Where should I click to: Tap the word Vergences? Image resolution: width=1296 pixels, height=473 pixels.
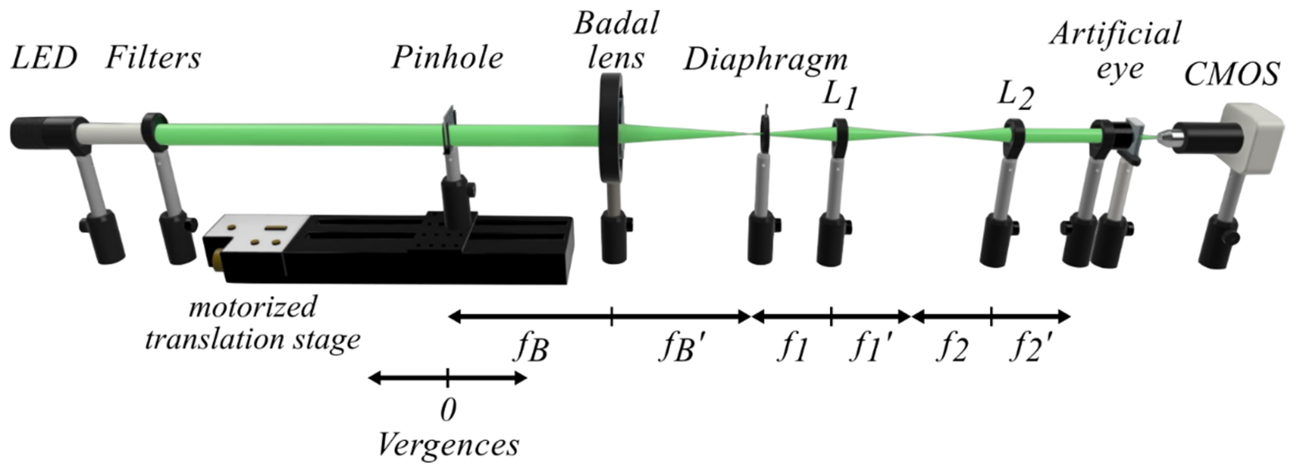[448, 445]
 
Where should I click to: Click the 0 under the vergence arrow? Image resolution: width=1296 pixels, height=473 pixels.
[448, 410]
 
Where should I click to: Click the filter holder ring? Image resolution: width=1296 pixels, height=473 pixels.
[153, 133]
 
